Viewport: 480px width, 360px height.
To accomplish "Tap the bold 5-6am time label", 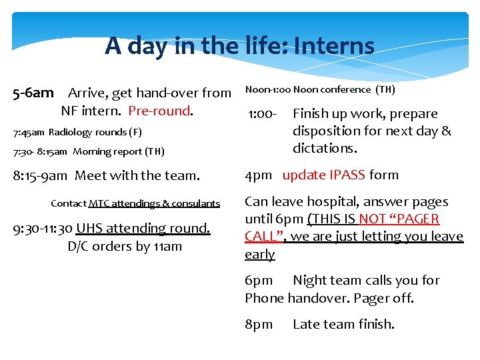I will pyautogui.click(x=33, y=93).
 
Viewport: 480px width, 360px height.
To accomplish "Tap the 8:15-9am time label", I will pyautogui.click(x=40, y=176).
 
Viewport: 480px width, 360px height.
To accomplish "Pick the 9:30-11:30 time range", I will pyautogui.click(x=43, y=228).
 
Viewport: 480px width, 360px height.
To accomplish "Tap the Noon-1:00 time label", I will pyautogui.click(x=267, y=89).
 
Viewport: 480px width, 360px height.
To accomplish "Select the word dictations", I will pyautogui.click(x=325, y=148).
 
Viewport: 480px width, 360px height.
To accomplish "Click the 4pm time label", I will pyautogui.click(x=258, y=175).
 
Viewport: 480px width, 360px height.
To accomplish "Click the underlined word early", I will pyautogui.click(x=259, y=254).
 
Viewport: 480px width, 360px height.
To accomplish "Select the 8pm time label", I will pyautogui.click(x=259, y=325).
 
